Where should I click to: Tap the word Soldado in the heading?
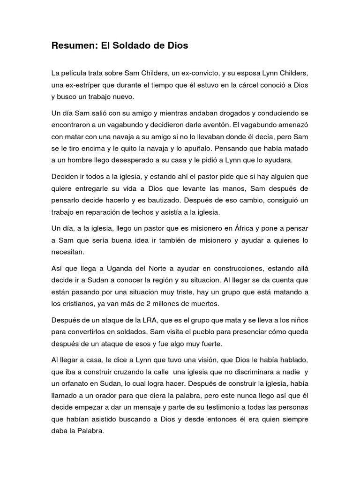[x=132, y=46]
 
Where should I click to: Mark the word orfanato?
[x=78, y=383]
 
